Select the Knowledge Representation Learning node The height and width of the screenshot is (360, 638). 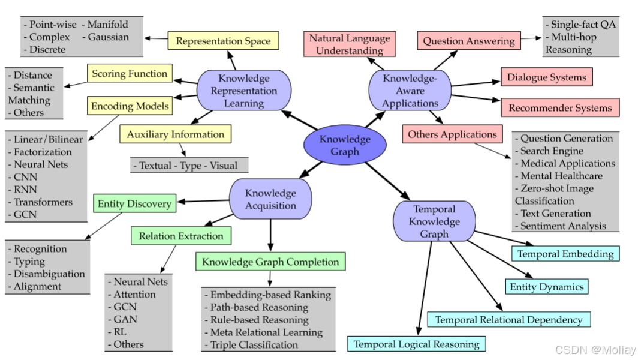tap(244, 91)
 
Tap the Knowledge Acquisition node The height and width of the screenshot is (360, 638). tap(270, 199)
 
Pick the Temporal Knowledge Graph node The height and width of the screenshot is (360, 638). tap(434, 221)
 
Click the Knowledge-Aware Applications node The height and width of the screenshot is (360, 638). tap(410, 91)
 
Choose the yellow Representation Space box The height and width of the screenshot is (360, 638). tap(223, 41)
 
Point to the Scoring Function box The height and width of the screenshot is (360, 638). tap(130, 74)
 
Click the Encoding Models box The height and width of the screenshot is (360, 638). tap(130, 106)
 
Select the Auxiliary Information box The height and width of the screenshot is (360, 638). tap(175, 134)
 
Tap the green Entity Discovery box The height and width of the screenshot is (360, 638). tap(135, 203)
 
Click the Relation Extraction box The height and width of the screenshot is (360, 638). tap(181, 236)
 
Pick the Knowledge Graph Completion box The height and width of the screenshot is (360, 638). tap(270, 262)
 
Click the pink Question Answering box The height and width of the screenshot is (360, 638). tap(468, 41)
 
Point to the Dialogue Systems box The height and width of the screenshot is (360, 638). tap(546, 77)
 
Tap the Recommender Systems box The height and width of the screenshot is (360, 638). tap(560, 108)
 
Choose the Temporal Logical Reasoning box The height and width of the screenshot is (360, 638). tap(416, 344)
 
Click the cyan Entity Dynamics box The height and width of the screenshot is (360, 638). tap(546, 286)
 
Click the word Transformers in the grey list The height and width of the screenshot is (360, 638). tap(43, 202)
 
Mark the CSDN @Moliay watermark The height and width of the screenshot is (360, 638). tap(594, 349)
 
